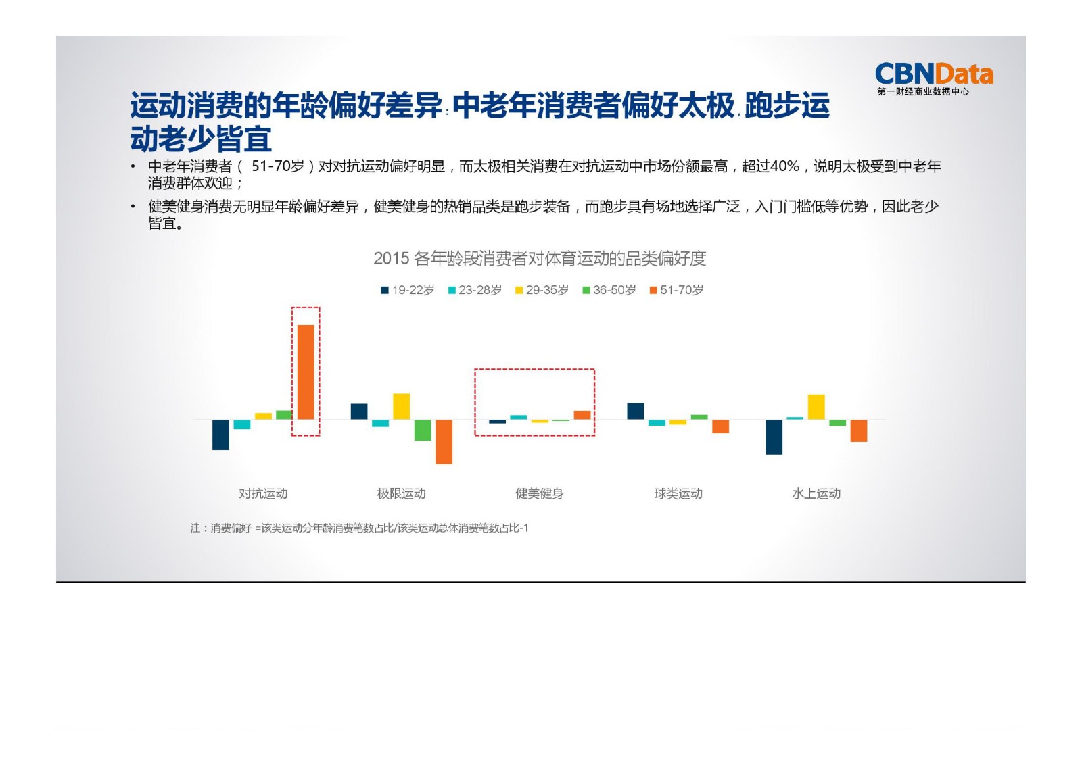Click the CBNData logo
pyautogui.click(x=933, y=78)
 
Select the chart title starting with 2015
pyautogui.click(x=540, y=258)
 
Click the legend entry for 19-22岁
pyautogui.click(x=407, y=290)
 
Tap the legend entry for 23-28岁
pyautogui.click(x=474, y=290)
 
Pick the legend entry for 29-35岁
pyautogui.click(x=542, y=290)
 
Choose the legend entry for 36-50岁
pyautogui.click(x=609, y=290)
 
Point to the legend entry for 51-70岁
pyautogui.click(x=676, y=290)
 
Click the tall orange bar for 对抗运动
pyautogui.click(x=306, y=372)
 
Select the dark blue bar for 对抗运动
pyautogui.click(x=220, y=435)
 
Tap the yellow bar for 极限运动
pyautogui.click(x=401, y=406)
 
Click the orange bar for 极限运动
pyautogui.click(x=444, y=441)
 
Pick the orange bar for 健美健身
pyautogui.click(x=582, y=415)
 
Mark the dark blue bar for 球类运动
pyautogui.click(x=636, y=411)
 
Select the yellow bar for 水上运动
pyautogui.click(x=816, y=407)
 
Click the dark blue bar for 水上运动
pyautogui.click(x=774, y=437)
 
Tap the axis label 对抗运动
pyautogui.click(x=263, y=493)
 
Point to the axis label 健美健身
pyautogui.click(x=539, y=493)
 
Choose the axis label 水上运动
pyautogui.click(x=816, y=493)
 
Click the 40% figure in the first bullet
pyautogui.click(x=784, y=166)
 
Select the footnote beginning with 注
pyautogui.click(x=359, y=528)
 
